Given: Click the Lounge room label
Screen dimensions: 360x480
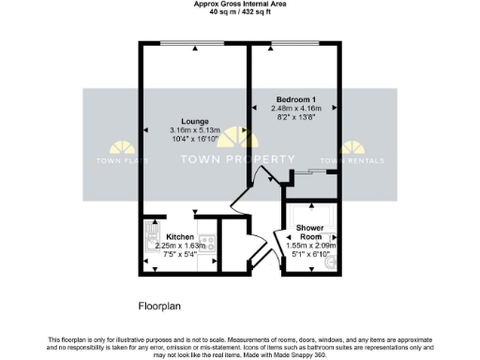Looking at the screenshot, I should [x=194, y=119].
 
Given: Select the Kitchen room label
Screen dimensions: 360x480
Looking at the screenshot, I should [x=180, y=237].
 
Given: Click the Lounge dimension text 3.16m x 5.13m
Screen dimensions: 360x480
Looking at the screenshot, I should [x=194, y=129].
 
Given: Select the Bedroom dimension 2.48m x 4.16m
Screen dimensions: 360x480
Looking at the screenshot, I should [x=294, y=109].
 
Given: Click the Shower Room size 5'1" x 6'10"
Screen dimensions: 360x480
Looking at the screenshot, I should [x=310, y=252].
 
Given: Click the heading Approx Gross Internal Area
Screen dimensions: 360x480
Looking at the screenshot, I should [x=239, y=4].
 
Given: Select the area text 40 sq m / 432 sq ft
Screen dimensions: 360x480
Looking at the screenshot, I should [x=239, y=12].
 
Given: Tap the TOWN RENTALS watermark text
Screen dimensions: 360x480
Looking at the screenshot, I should [x=353, y=159].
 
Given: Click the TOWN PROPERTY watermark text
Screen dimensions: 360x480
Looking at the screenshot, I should [x=238, y=159].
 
